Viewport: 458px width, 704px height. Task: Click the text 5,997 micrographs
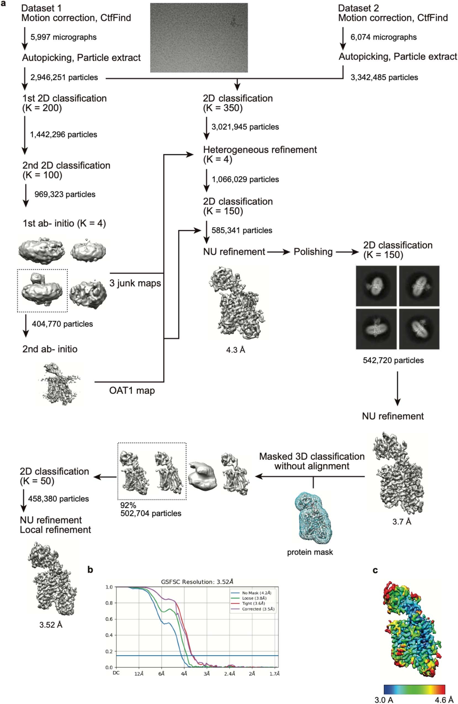coord(63,37)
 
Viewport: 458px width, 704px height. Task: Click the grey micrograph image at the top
coord(199,38)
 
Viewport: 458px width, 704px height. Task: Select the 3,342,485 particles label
coord(384,78)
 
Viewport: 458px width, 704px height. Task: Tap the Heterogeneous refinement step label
coord(260,150)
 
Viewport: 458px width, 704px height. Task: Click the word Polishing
coord(313,252)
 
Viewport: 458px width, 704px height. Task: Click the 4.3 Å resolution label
coord(235,350)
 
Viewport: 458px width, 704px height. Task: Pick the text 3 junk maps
coord(135,283)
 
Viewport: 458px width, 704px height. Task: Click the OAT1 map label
coord(132,390)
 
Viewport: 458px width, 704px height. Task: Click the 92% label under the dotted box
coord(128,505)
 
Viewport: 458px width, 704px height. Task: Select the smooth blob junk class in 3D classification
coord(203,477)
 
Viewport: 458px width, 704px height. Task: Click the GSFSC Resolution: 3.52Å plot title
coord(197,582)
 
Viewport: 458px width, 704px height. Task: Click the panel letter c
coord(375,570)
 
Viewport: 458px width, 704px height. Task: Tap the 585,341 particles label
coord(242,231)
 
